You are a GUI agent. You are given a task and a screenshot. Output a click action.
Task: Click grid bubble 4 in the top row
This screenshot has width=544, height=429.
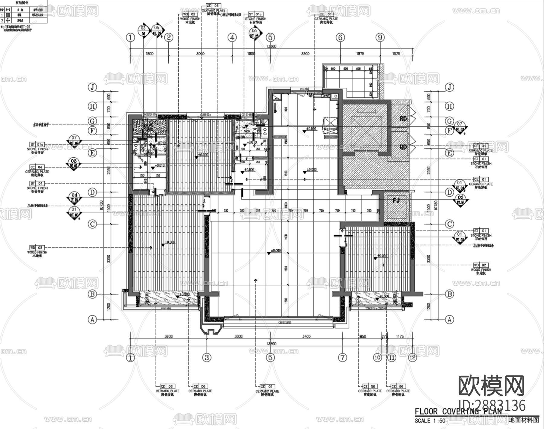[x=232, y=38]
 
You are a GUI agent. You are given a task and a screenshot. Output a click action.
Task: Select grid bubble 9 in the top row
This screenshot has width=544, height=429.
[x=380, y=38]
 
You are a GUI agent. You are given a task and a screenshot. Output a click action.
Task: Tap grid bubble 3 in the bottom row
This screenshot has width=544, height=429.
[x=206, y=357]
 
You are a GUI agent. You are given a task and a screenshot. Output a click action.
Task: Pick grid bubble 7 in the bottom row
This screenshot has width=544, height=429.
[x=342, y=357]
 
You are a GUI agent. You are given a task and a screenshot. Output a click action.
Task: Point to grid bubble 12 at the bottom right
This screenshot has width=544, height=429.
[x=412, y=357]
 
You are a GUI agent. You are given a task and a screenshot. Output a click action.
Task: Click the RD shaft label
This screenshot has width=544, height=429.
[x=403, y=119]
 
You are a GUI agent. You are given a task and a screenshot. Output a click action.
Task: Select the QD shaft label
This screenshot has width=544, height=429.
[x=403, y=147]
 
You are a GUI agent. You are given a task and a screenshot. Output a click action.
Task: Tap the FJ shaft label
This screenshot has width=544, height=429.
[x=396, y=200]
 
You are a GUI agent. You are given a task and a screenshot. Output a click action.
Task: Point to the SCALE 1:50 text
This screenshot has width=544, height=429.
[x=430, y=421]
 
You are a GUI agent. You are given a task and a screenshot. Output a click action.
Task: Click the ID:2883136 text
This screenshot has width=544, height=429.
[x=492, y=405]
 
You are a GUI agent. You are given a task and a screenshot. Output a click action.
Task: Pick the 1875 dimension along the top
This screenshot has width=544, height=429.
[x=360, y=54]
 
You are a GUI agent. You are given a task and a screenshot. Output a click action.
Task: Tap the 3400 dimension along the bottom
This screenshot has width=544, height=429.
[x=306, y=336]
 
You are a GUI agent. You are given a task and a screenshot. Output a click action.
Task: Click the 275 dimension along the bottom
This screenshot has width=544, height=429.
[x=384, y=336]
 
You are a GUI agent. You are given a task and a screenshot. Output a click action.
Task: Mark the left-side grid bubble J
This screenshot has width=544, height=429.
[x=92, y=87]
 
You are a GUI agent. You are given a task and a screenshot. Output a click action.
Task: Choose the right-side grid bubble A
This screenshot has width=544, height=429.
[x=450, y=319]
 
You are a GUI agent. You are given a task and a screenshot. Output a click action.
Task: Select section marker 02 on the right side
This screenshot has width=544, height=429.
[x=461, y=199]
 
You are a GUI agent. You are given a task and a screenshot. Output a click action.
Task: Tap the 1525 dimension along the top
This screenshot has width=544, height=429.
[x=396, y=54]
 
